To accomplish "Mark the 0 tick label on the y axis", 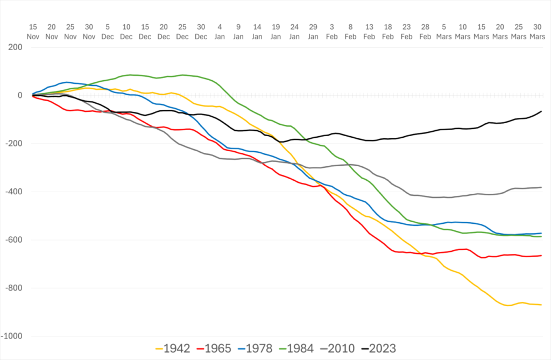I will [19, 95].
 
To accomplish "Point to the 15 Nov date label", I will [33, 31].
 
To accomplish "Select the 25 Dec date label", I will [182, 31].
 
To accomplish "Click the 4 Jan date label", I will [220, 31].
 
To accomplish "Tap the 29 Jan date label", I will [313, 31].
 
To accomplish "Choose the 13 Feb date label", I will [369, 31].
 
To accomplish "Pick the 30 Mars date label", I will [536, 31].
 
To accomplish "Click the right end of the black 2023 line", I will [541, 111].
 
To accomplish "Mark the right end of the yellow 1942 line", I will [541, 305].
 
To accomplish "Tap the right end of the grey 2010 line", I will [541, 187].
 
